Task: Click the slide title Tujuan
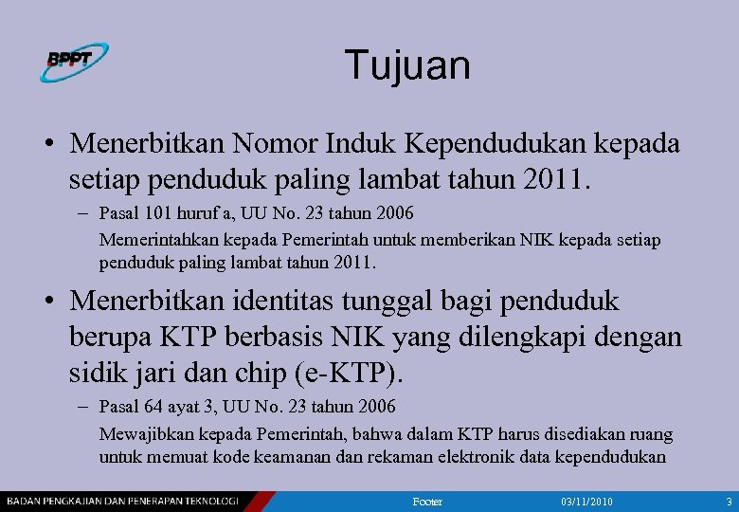pos(407,65)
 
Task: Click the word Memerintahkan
pos(153,240)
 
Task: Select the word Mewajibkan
pos(143,434)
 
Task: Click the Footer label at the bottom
pos(428,501)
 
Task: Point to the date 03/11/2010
pos(586,501)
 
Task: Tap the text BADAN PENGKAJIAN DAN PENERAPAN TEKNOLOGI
pos(122,501)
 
